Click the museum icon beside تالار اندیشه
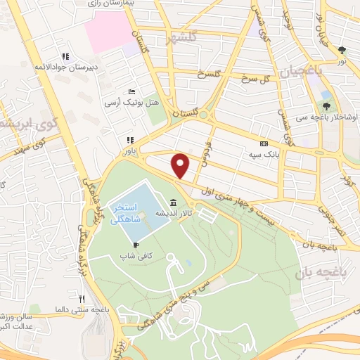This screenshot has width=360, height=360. (173, 202)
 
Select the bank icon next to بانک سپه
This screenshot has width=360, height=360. (263, 141)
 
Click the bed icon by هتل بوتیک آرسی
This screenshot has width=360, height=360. (131, 91)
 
